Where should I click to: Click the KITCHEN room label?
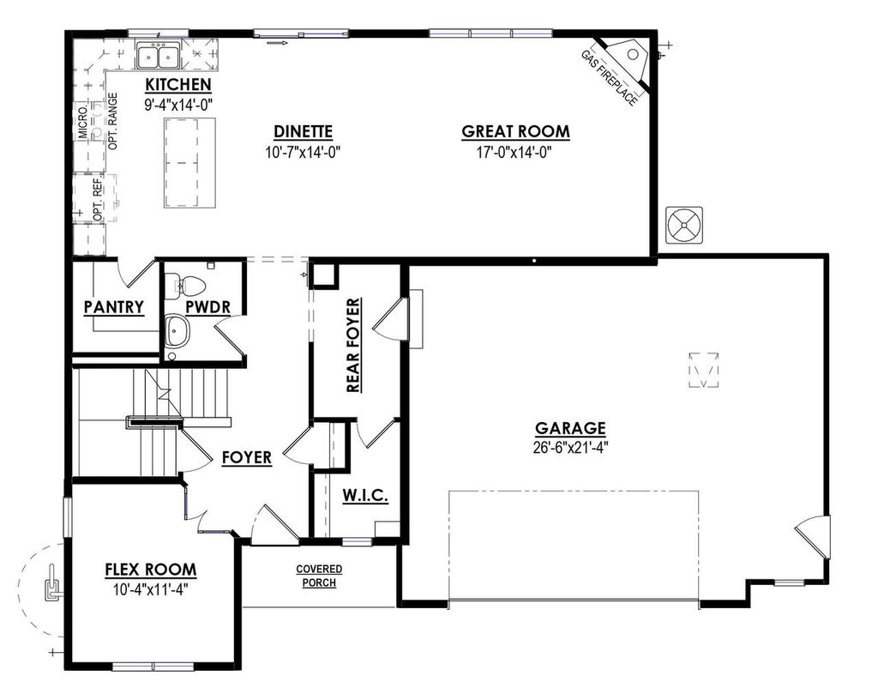click(x=177, y=85)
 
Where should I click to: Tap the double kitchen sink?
click(x=157, y=57)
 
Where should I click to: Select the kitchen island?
click(x=189, y=162)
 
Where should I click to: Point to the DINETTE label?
click(x=303, y=131)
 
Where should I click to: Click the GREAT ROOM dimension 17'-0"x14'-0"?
click(x=515, y=152)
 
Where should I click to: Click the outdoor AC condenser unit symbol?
click(x=684, y=226)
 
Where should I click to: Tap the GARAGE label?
click(x=570, y=428)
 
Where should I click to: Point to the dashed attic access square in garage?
click(x=703, y=371)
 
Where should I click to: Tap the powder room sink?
click(x=177, y=329)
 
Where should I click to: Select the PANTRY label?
click(x=113, y=307)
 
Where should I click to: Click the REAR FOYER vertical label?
click(x=352, y=346)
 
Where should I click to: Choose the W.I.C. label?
click(x=366, y=496)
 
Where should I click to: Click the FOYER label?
click(x=246, y=457)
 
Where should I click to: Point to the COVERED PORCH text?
click(x=319, y=576)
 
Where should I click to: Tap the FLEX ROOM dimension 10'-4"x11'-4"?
click(x=150, y=589)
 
